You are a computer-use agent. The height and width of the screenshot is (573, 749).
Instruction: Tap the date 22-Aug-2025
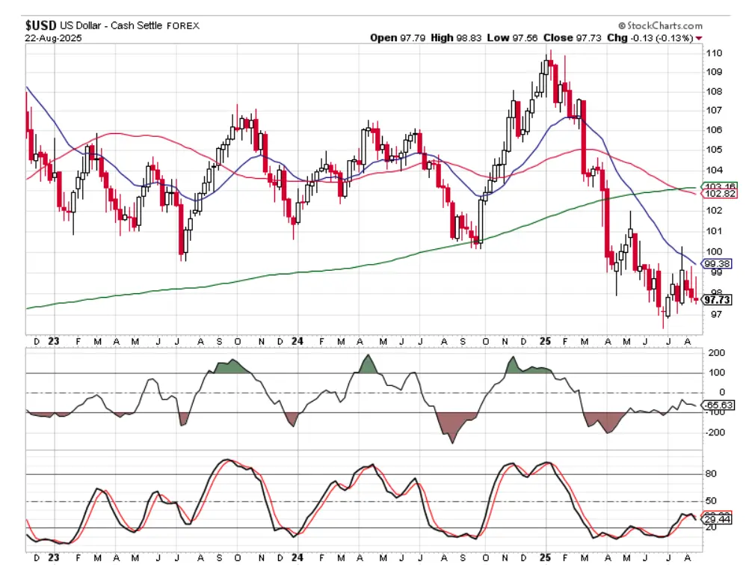(x=52, y=37)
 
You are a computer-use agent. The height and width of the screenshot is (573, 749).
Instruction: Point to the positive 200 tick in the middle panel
(x=715, y=353)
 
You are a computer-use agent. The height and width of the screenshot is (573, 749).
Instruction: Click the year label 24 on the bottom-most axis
(x=297, y=557)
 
